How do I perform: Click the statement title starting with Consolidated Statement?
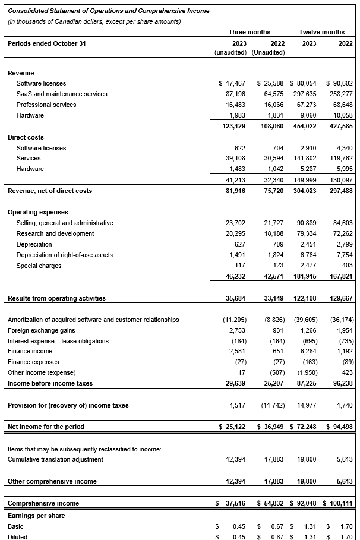(108, 11)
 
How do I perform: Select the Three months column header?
(249, 32)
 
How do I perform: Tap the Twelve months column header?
(321, 32)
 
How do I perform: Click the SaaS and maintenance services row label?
(62, 94)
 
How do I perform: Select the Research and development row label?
(55, 233)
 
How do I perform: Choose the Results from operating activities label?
(56, 298)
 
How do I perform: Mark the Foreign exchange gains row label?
(42, 330)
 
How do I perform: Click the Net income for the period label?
(46, 427)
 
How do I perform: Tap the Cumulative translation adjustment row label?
(55, 459)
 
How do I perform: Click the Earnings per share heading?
(36, 516)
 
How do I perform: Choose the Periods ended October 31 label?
(46, 43)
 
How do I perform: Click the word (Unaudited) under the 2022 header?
(269, 52)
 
